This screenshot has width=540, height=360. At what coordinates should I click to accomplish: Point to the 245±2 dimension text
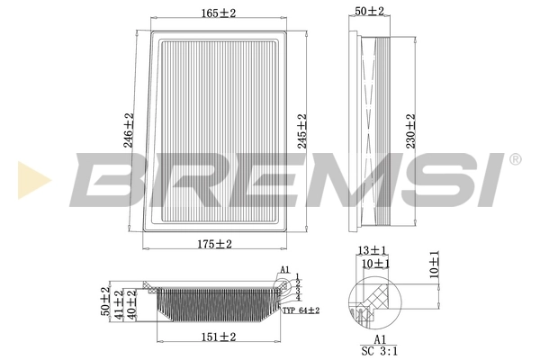(301, 130)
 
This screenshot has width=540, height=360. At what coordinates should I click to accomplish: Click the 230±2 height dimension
(410, 130)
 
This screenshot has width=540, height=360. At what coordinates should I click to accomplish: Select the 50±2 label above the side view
(369, 11)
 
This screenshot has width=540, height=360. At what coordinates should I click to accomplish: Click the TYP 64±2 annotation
(301, 310)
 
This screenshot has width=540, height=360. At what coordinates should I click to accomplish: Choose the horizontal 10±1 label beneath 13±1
(373, 264)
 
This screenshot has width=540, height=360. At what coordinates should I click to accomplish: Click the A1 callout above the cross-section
(283, 269)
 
